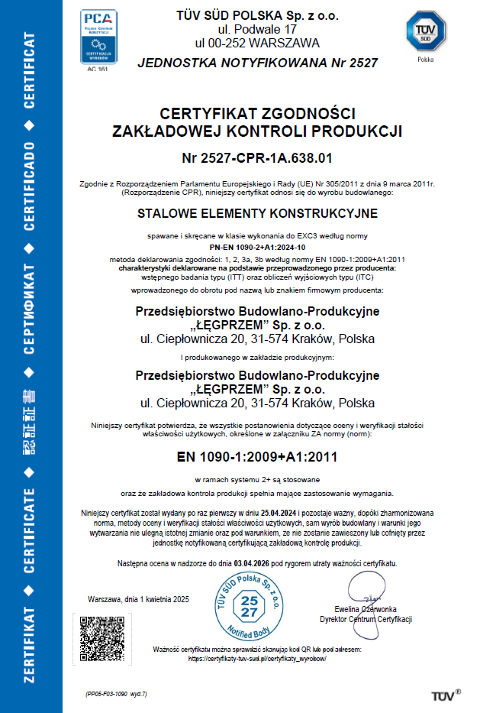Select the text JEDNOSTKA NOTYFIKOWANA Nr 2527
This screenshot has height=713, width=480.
(x=257, y=63)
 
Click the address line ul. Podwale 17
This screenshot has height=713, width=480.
(x=257, y=30)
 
